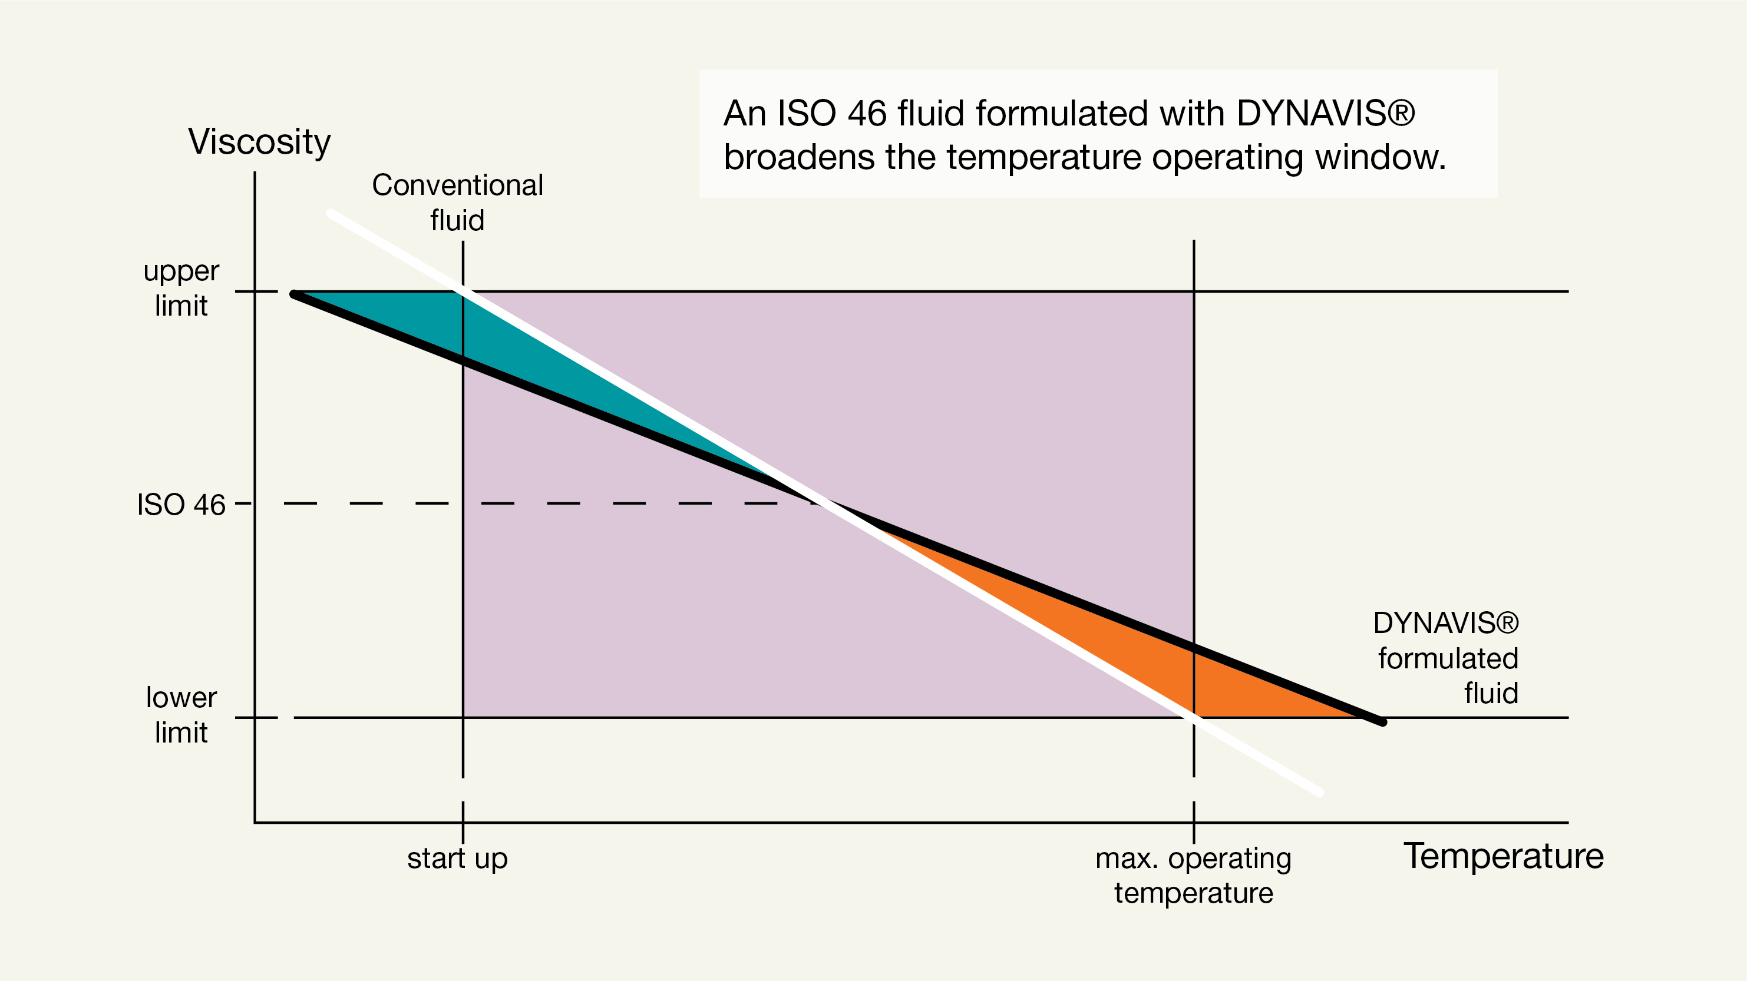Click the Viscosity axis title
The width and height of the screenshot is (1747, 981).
[x=259, y=142]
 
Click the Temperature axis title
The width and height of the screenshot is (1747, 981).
[x=1503, y=856]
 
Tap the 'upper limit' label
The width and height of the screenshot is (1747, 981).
[x=181, y=289]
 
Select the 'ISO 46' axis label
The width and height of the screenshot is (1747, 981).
[x=181, y=505]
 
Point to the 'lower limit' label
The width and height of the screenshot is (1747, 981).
[x=181, y=715]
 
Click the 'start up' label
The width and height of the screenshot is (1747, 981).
[x=457, y=859]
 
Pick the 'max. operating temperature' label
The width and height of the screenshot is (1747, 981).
[x=1194, y=875]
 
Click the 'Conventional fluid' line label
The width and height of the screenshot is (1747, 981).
[x=457, y=203]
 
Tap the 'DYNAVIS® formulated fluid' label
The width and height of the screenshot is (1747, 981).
[x=1446, y=658]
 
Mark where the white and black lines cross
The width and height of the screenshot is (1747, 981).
[x=823, y=503]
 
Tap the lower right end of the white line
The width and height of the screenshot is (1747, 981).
[x=1320, y=792]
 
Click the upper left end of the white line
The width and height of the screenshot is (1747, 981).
[x=329, y=214]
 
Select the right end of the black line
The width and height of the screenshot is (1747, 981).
[x=1382, y=722]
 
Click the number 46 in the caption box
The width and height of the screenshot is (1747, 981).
[x=866, y=113]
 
